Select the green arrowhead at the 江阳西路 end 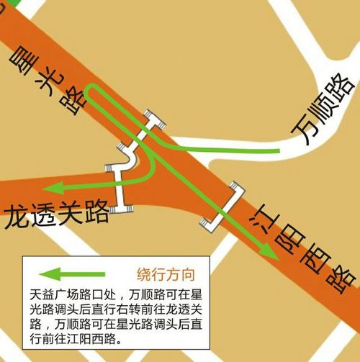point(269,253)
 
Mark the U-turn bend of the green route point(86,91)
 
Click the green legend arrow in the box point(72,274)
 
